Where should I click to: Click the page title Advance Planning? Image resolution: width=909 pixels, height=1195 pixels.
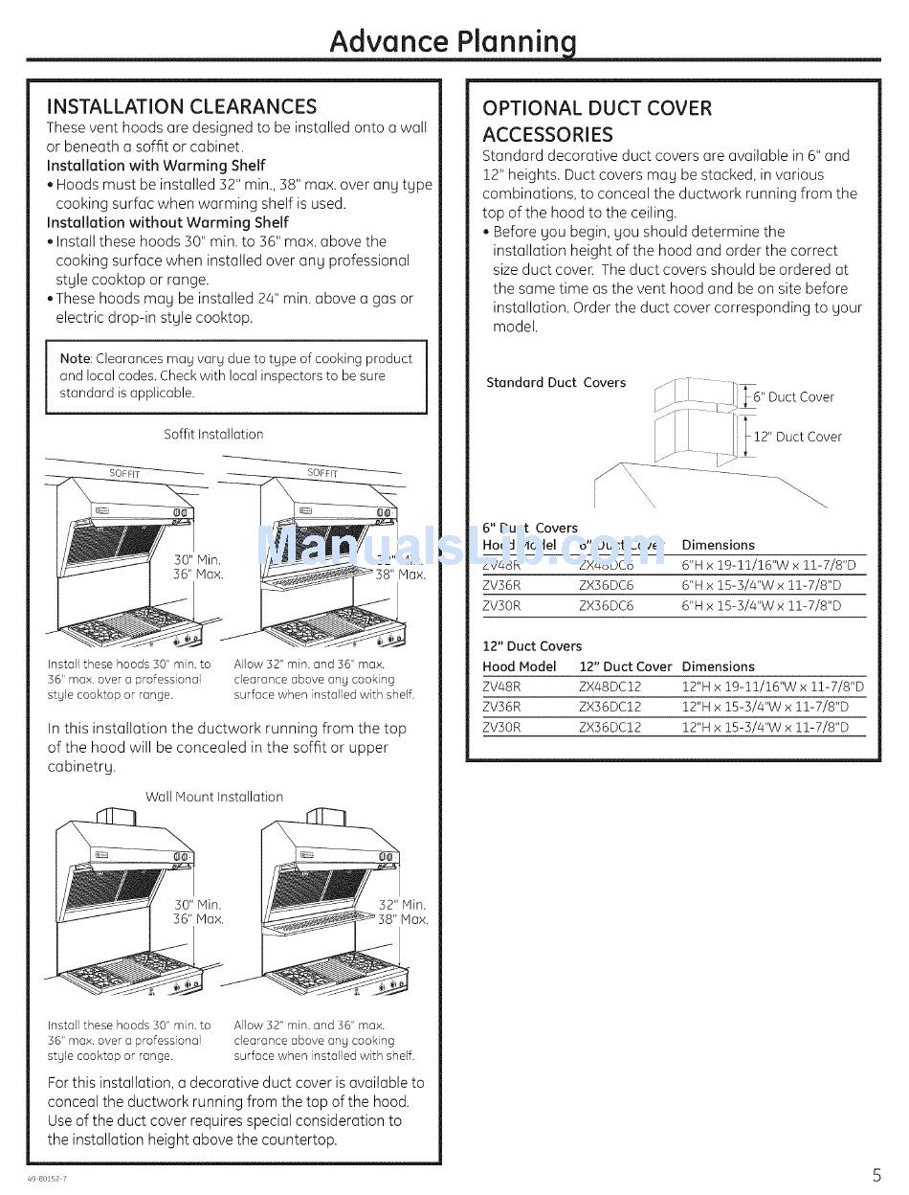pyautogui.click(x=454, y=41)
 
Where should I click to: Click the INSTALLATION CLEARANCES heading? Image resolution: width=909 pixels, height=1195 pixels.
pyautogui.click(x=182, y=106)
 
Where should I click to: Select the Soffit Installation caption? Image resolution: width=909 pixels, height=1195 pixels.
pyautogui.click(x=213, y=434)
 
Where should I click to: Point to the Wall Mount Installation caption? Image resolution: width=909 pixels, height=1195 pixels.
pyautogui.click(x=214, y=797)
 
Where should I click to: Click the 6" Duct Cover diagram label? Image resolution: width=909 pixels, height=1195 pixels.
pyautogui.click(x=793, y=396)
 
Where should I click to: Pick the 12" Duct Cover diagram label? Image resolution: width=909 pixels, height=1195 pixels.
pyautogui.click(x=797, y=437)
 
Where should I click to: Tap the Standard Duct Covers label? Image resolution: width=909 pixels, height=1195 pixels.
pyautogui.click(x=556, y=382)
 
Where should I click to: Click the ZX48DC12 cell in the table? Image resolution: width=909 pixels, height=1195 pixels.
pyautogui.click(x=610, y=687)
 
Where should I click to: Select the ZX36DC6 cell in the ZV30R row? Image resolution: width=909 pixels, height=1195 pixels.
pyautogui.click(x=606, y=606)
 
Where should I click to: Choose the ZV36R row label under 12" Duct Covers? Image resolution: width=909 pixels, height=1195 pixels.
pyautogui.click(x=502, y=707)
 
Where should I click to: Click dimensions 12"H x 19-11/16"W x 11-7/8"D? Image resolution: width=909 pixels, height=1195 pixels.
pyautogui.click(x=772, y=687)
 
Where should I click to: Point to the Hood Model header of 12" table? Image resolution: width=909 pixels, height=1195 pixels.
pyautogui.click(x=520, y=666)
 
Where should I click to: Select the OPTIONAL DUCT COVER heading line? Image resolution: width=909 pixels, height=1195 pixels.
pyautogui.click(x=597, y=107)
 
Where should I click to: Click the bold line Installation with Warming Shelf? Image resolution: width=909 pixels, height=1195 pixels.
pyautogui.click(x=156, y=166)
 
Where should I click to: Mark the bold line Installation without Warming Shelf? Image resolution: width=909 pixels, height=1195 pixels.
pyautogui.click(x=167, y=222)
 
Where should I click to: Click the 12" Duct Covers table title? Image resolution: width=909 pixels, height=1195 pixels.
pyautogui.click(x=532, y=646)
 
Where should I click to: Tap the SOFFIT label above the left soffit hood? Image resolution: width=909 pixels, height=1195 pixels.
pyautogui.click(x=124, y=473)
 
